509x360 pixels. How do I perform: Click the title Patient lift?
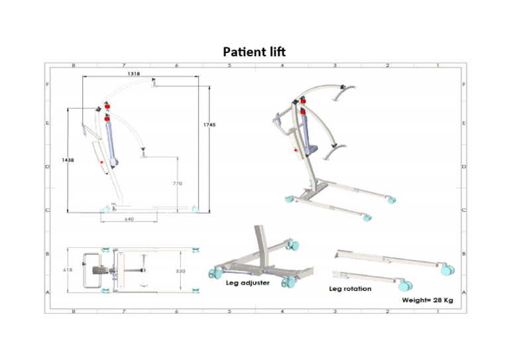tap(254, 52)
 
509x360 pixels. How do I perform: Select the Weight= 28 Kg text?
tap(427, 300)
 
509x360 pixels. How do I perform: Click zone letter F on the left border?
tap(47, 85)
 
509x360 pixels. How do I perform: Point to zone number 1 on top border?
tap(438, 66)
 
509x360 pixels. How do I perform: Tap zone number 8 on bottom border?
tap(74, 310)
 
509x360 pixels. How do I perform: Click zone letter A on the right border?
tap(463, 292)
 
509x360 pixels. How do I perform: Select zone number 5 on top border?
tap(229, 66)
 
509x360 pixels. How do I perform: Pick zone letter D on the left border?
tap(47, 166)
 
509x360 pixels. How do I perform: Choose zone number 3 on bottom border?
tap(335, 310)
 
